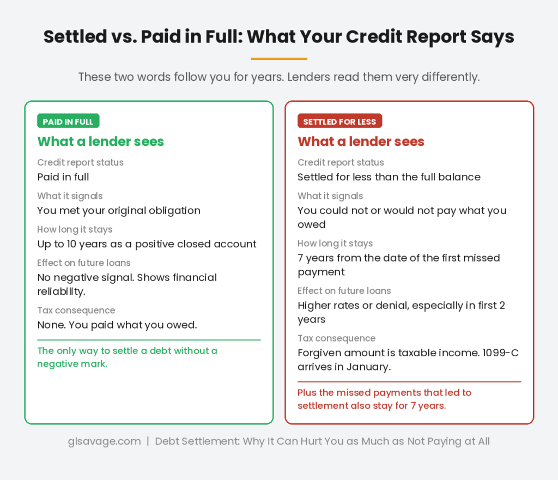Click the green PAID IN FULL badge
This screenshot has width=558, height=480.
point(68,121)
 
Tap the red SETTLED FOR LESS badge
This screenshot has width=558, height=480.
point(339,121)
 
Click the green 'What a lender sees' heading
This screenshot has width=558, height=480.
point(100,142)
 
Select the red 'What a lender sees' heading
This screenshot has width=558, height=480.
point(361,142)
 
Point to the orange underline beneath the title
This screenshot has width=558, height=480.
point(279,58)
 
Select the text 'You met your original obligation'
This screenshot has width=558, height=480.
point(119,210)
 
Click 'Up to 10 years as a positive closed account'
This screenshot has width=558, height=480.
point(147,244)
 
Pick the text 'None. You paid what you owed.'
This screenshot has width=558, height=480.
point(117,325)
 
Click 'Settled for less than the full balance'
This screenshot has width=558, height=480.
point(389,177)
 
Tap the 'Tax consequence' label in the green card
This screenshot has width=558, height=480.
point(76,311)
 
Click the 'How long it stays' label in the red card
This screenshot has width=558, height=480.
point(335,244)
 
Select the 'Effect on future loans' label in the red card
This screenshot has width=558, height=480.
point(344,291)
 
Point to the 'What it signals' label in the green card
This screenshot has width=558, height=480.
point(70,196)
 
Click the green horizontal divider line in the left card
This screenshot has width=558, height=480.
point(149,340)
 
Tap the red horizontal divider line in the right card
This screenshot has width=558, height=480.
point(409,382)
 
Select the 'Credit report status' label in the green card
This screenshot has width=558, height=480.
point(80,162)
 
